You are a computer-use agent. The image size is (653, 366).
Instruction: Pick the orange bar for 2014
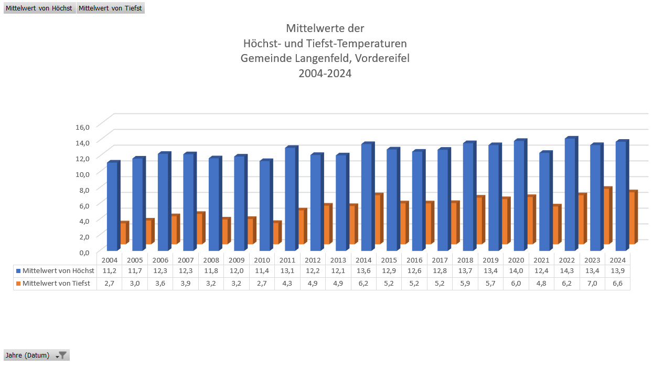(x=377, y=219)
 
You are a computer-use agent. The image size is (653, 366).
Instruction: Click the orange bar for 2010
(x=275, y=233)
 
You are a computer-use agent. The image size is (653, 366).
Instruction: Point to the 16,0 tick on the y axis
(x=83, y=127)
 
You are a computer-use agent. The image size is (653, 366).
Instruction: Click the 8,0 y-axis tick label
(x=83, y=189)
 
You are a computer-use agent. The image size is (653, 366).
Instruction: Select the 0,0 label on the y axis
(x=83, y=252)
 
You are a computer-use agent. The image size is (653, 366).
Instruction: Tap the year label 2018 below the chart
(x=465, y=260)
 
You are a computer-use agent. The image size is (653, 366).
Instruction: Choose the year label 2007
(x=186, y=260)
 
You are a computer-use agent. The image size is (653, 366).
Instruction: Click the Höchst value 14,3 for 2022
(x=567, y=271)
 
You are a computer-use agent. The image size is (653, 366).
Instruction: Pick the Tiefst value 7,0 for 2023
(x=592, y=284)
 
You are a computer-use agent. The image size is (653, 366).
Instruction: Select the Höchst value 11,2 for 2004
(x=109, y=271)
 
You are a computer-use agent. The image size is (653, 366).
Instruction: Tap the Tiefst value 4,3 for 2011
(x=287, y=284)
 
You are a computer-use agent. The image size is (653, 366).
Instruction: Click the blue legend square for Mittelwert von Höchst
(x=18, y=271)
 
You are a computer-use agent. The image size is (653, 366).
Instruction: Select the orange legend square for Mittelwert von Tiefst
(x=18, y=284)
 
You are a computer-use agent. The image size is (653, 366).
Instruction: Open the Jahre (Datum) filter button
(x=62, y=355)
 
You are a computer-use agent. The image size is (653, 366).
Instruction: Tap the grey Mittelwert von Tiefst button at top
(x=110, y=8)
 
